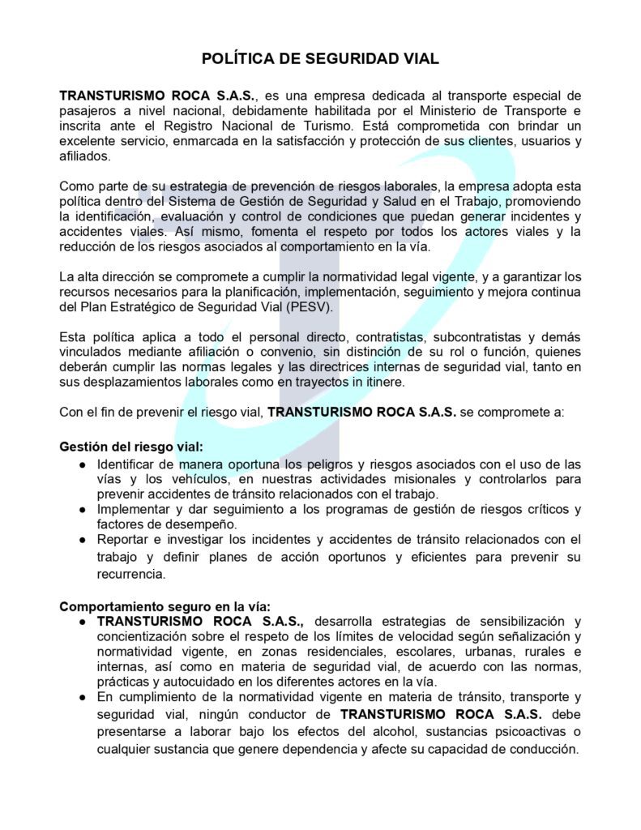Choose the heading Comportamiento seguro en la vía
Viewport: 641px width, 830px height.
(165, 605)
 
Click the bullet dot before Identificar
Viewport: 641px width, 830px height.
(83, 464)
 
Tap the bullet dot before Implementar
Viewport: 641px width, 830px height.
(83, 509)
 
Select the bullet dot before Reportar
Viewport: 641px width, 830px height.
(83, 539)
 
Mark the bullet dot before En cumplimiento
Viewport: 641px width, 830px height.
(83, 696)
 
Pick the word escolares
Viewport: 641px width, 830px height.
(429, 650)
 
